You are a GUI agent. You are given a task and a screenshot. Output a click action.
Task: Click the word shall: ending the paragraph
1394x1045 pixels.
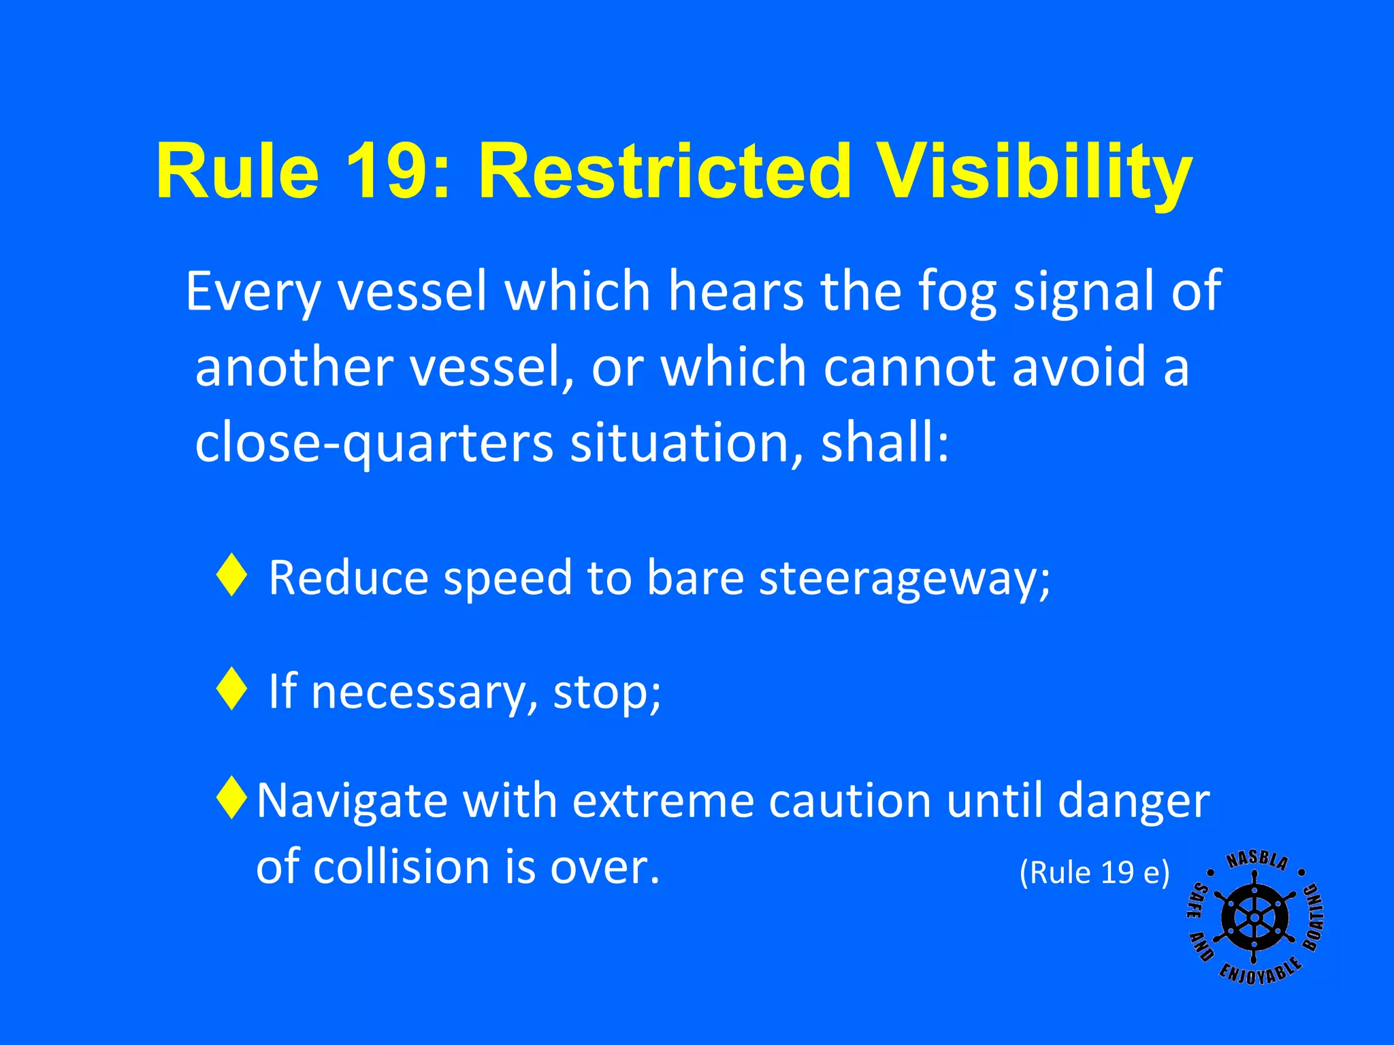(884, 442)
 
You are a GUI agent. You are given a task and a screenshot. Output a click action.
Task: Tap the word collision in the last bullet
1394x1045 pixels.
(401, 867)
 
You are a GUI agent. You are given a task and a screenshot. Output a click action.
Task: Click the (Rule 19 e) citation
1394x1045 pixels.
(1094, 872)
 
